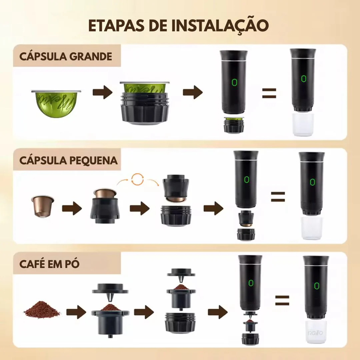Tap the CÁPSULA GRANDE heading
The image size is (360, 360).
click(66, 56)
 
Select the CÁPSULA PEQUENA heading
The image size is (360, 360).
click(68, 160)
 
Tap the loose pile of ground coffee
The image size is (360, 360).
click(42, 309)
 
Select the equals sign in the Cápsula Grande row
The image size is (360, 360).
click(269, 93)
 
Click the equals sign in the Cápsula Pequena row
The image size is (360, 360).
click(278, 197)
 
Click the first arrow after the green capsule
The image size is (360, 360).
click(102, 93)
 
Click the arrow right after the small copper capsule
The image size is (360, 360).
click(72, 209)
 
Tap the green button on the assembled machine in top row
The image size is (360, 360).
click(303, 79)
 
